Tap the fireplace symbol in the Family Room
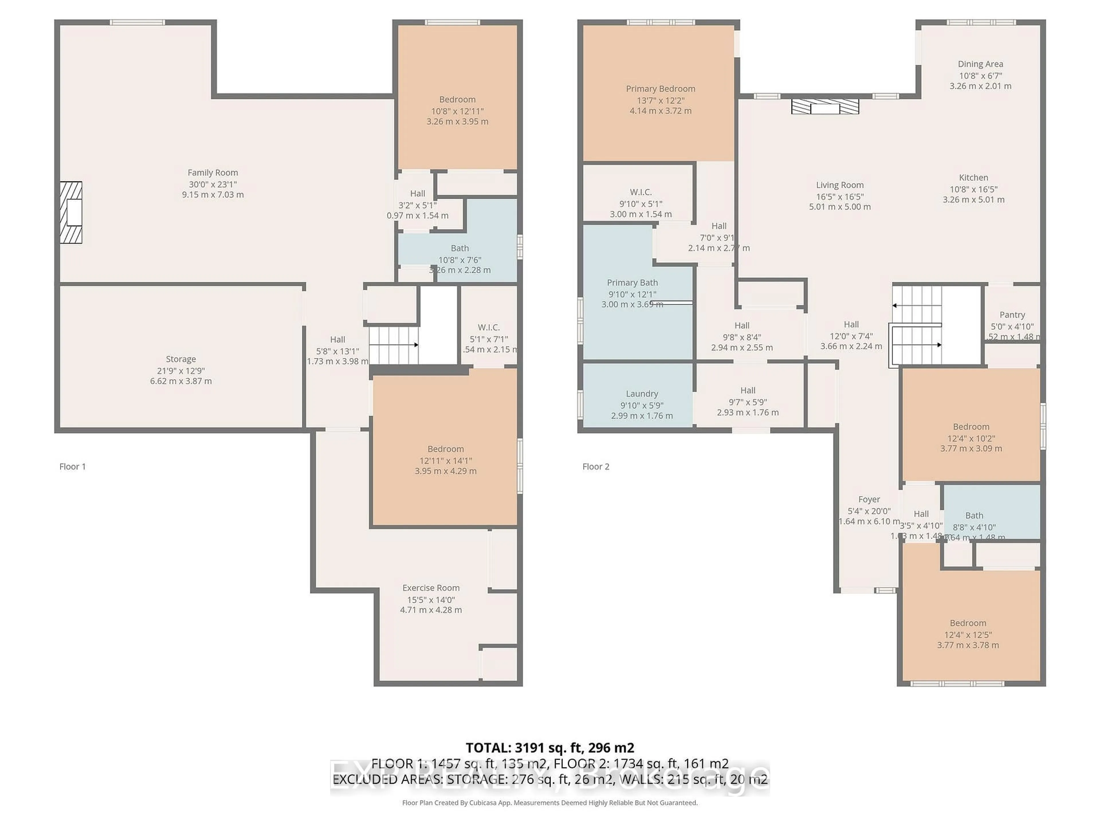tap(71, 212)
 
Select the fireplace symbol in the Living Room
tap(825, 107)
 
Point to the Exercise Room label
tap(431, 588)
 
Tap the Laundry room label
tap(641, 394)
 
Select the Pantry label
tap(1012, 315)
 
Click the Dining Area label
tap(980, 64)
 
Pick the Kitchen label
tap(973, 178)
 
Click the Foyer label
tap(869, 499)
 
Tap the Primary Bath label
tap(632, 282)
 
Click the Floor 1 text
tap(72, 466)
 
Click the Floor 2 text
tap(596, 466)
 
